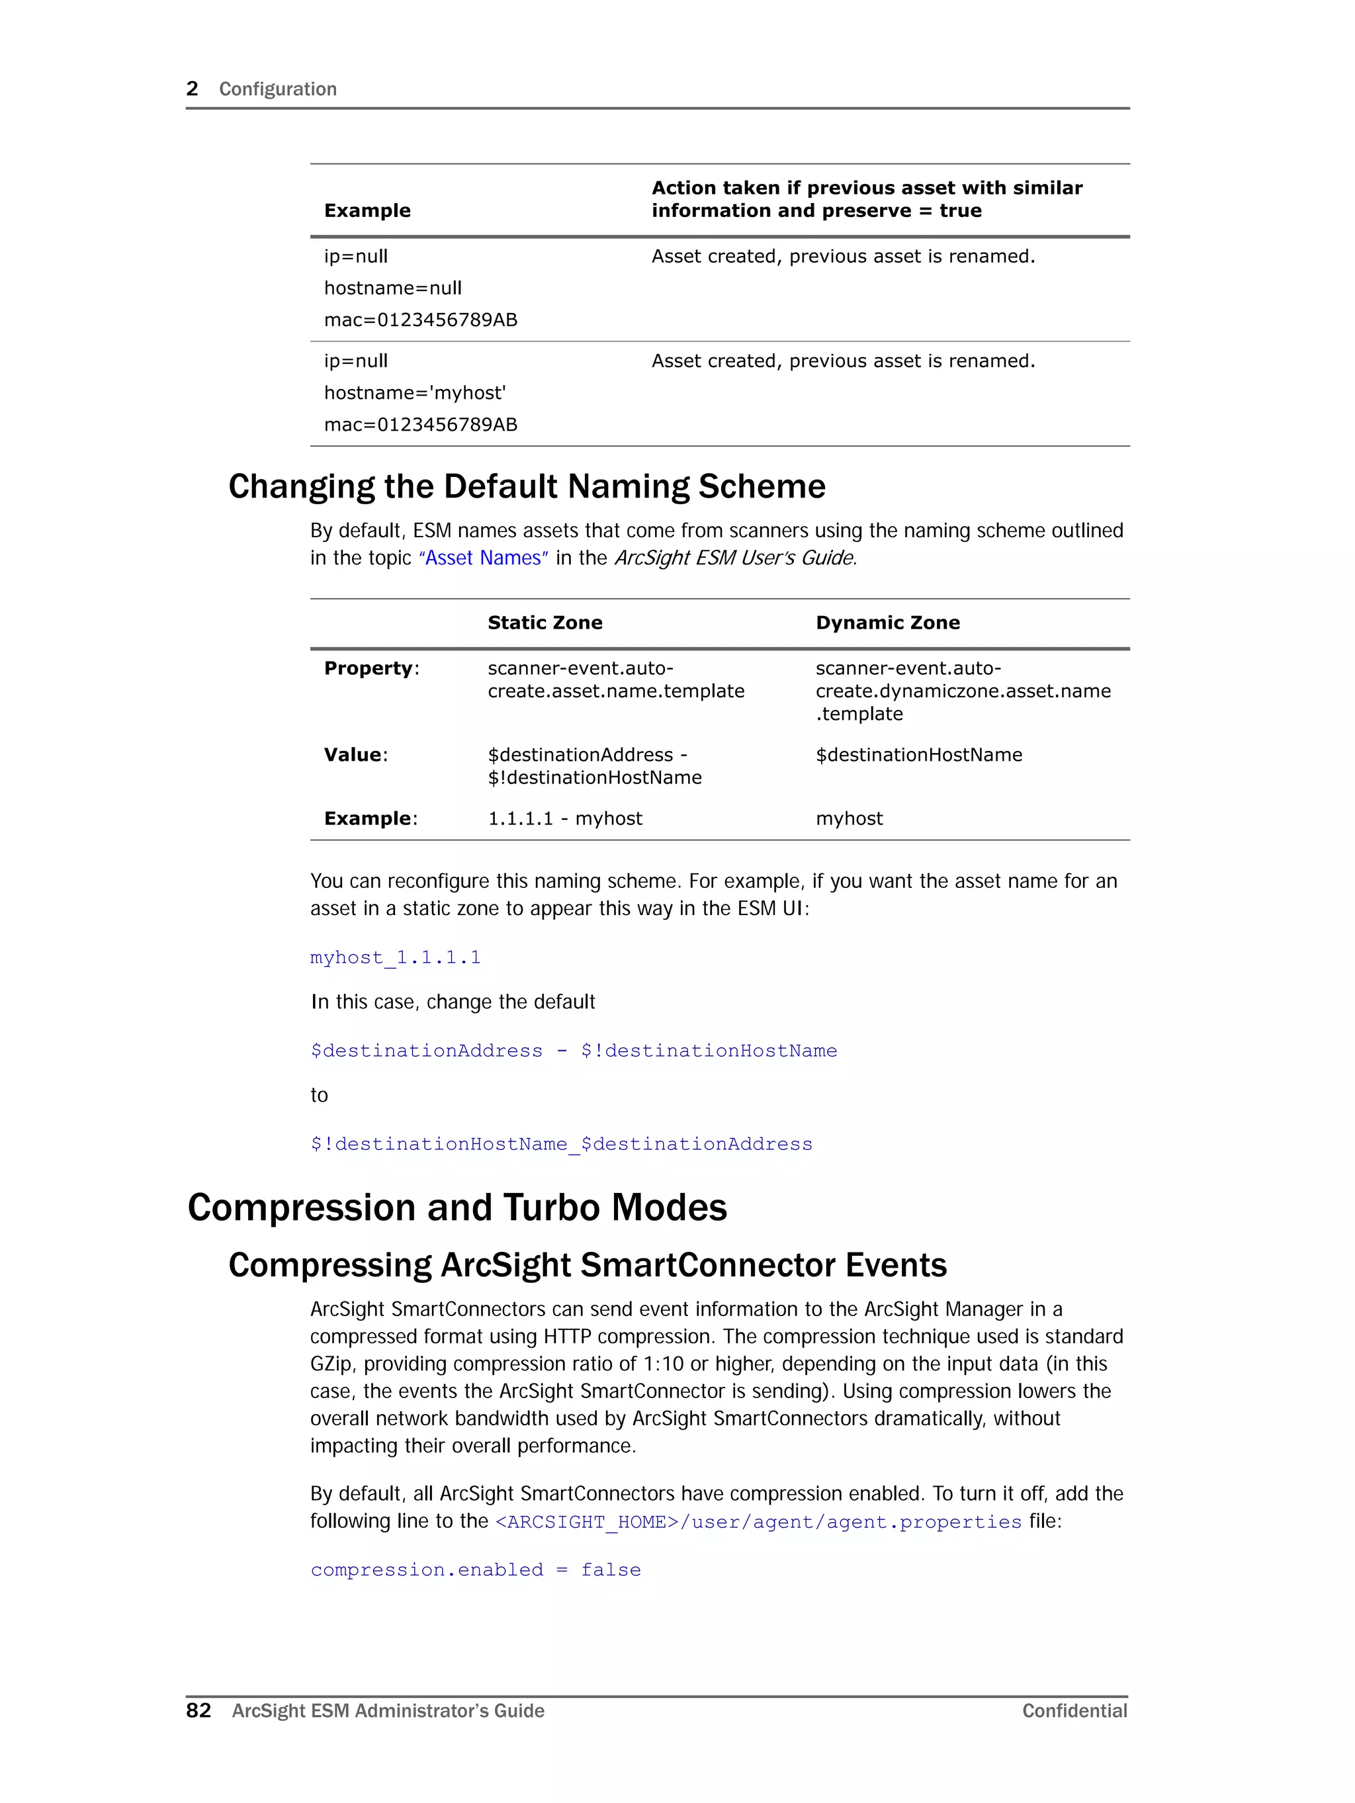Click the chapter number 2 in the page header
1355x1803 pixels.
[x=193, y=89]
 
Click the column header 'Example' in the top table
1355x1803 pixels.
[x=367, y=210]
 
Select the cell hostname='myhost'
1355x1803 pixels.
[x=414, y=393]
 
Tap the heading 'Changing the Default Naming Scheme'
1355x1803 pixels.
[x=527, y=486]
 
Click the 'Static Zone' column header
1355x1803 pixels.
[x=545, y=623]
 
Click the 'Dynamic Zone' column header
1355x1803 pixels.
[x=887, y=623]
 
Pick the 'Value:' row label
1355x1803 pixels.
[x=355, y=755]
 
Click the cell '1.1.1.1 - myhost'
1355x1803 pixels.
[x=564, y=818]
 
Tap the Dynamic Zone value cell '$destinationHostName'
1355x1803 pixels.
[x=918, y=755]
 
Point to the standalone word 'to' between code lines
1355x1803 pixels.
[x=319, y=1096]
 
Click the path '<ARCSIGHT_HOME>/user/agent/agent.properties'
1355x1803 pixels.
[x=758, y=1522]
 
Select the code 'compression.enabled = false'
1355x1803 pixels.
[x=475, y=1570]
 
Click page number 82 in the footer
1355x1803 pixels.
[x=198, y=1710]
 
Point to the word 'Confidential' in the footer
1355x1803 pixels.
[x=1074, y=1711]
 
